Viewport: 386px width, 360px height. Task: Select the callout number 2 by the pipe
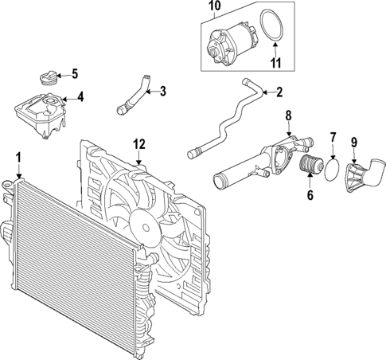(x=279, y=92)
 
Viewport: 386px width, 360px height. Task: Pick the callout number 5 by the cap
(x=74, y=75)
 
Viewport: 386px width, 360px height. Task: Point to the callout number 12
(x=139, y=144)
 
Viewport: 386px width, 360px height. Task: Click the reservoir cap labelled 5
(x=48, y=81)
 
